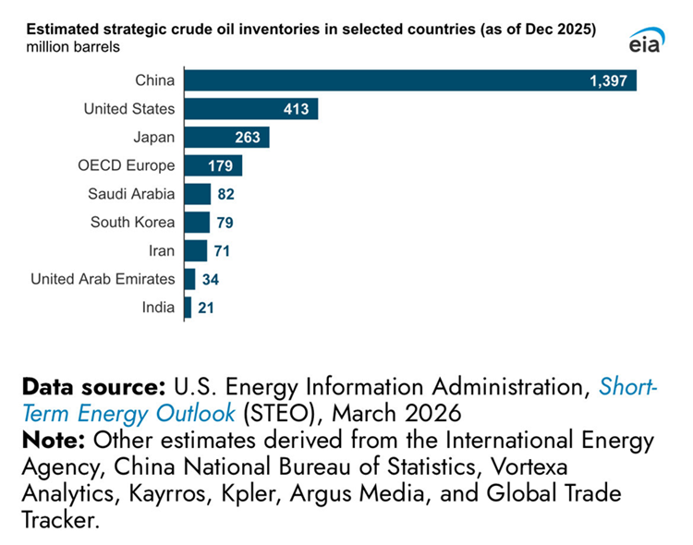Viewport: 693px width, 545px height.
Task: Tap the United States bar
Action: tap(250, 109)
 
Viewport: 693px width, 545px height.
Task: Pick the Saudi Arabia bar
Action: tap(197, 194)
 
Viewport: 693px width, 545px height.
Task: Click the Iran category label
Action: tap(160, 250)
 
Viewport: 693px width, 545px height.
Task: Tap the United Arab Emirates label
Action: tap(102, 279)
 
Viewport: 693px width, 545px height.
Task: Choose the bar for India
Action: tap(188, 308)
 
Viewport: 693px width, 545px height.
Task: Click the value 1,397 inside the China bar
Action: tap(608, 81)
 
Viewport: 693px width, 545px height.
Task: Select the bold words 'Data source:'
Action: tap(91, 385)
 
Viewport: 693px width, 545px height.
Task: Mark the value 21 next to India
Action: tap(206, 308)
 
